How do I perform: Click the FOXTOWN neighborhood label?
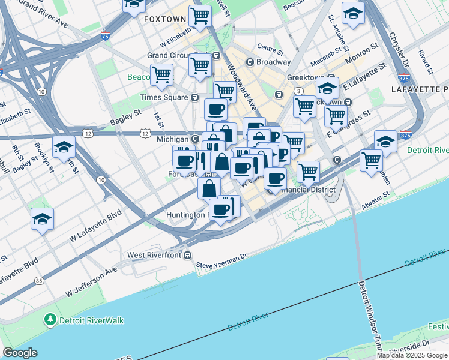165,19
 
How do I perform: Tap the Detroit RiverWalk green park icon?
52,320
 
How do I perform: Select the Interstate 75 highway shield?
106,36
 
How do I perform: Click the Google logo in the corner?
20,353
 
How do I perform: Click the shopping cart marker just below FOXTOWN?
200,16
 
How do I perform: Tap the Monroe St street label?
361,52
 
